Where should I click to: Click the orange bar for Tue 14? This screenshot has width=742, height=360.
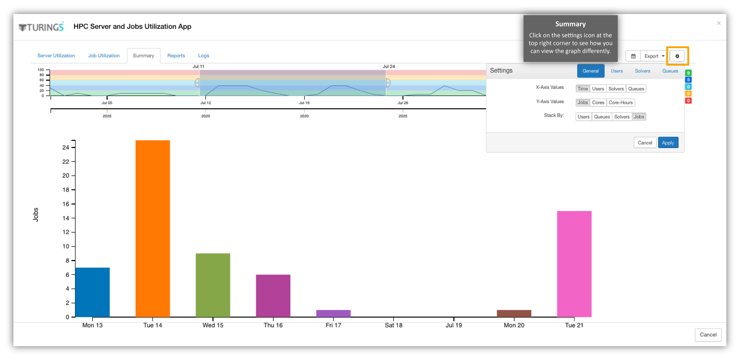tap(153, 229)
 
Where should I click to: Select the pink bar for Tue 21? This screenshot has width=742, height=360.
tap(574, 264)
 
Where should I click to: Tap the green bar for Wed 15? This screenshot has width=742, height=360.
tap(213, 285)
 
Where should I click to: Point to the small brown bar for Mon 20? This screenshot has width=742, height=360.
tap(514, 313)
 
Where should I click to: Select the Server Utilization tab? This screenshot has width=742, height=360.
tap(56, 56)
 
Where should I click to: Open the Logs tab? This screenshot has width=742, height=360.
tap(204, 56)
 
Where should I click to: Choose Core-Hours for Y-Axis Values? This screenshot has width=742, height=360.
tap(620, 103)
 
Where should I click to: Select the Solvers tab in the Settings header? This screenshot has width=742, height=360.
tap(642, 71)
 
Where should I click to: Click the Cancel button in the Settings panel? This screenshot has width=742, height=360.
tap(645, 143)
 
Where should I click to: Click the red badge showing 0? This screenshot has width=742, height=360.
tap(688, 101)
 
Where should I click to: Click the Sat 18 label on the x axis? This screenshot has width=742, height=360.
tap(393, 325)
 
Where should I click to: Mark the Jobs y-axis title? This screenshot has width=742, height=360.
tap(35, 215)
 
